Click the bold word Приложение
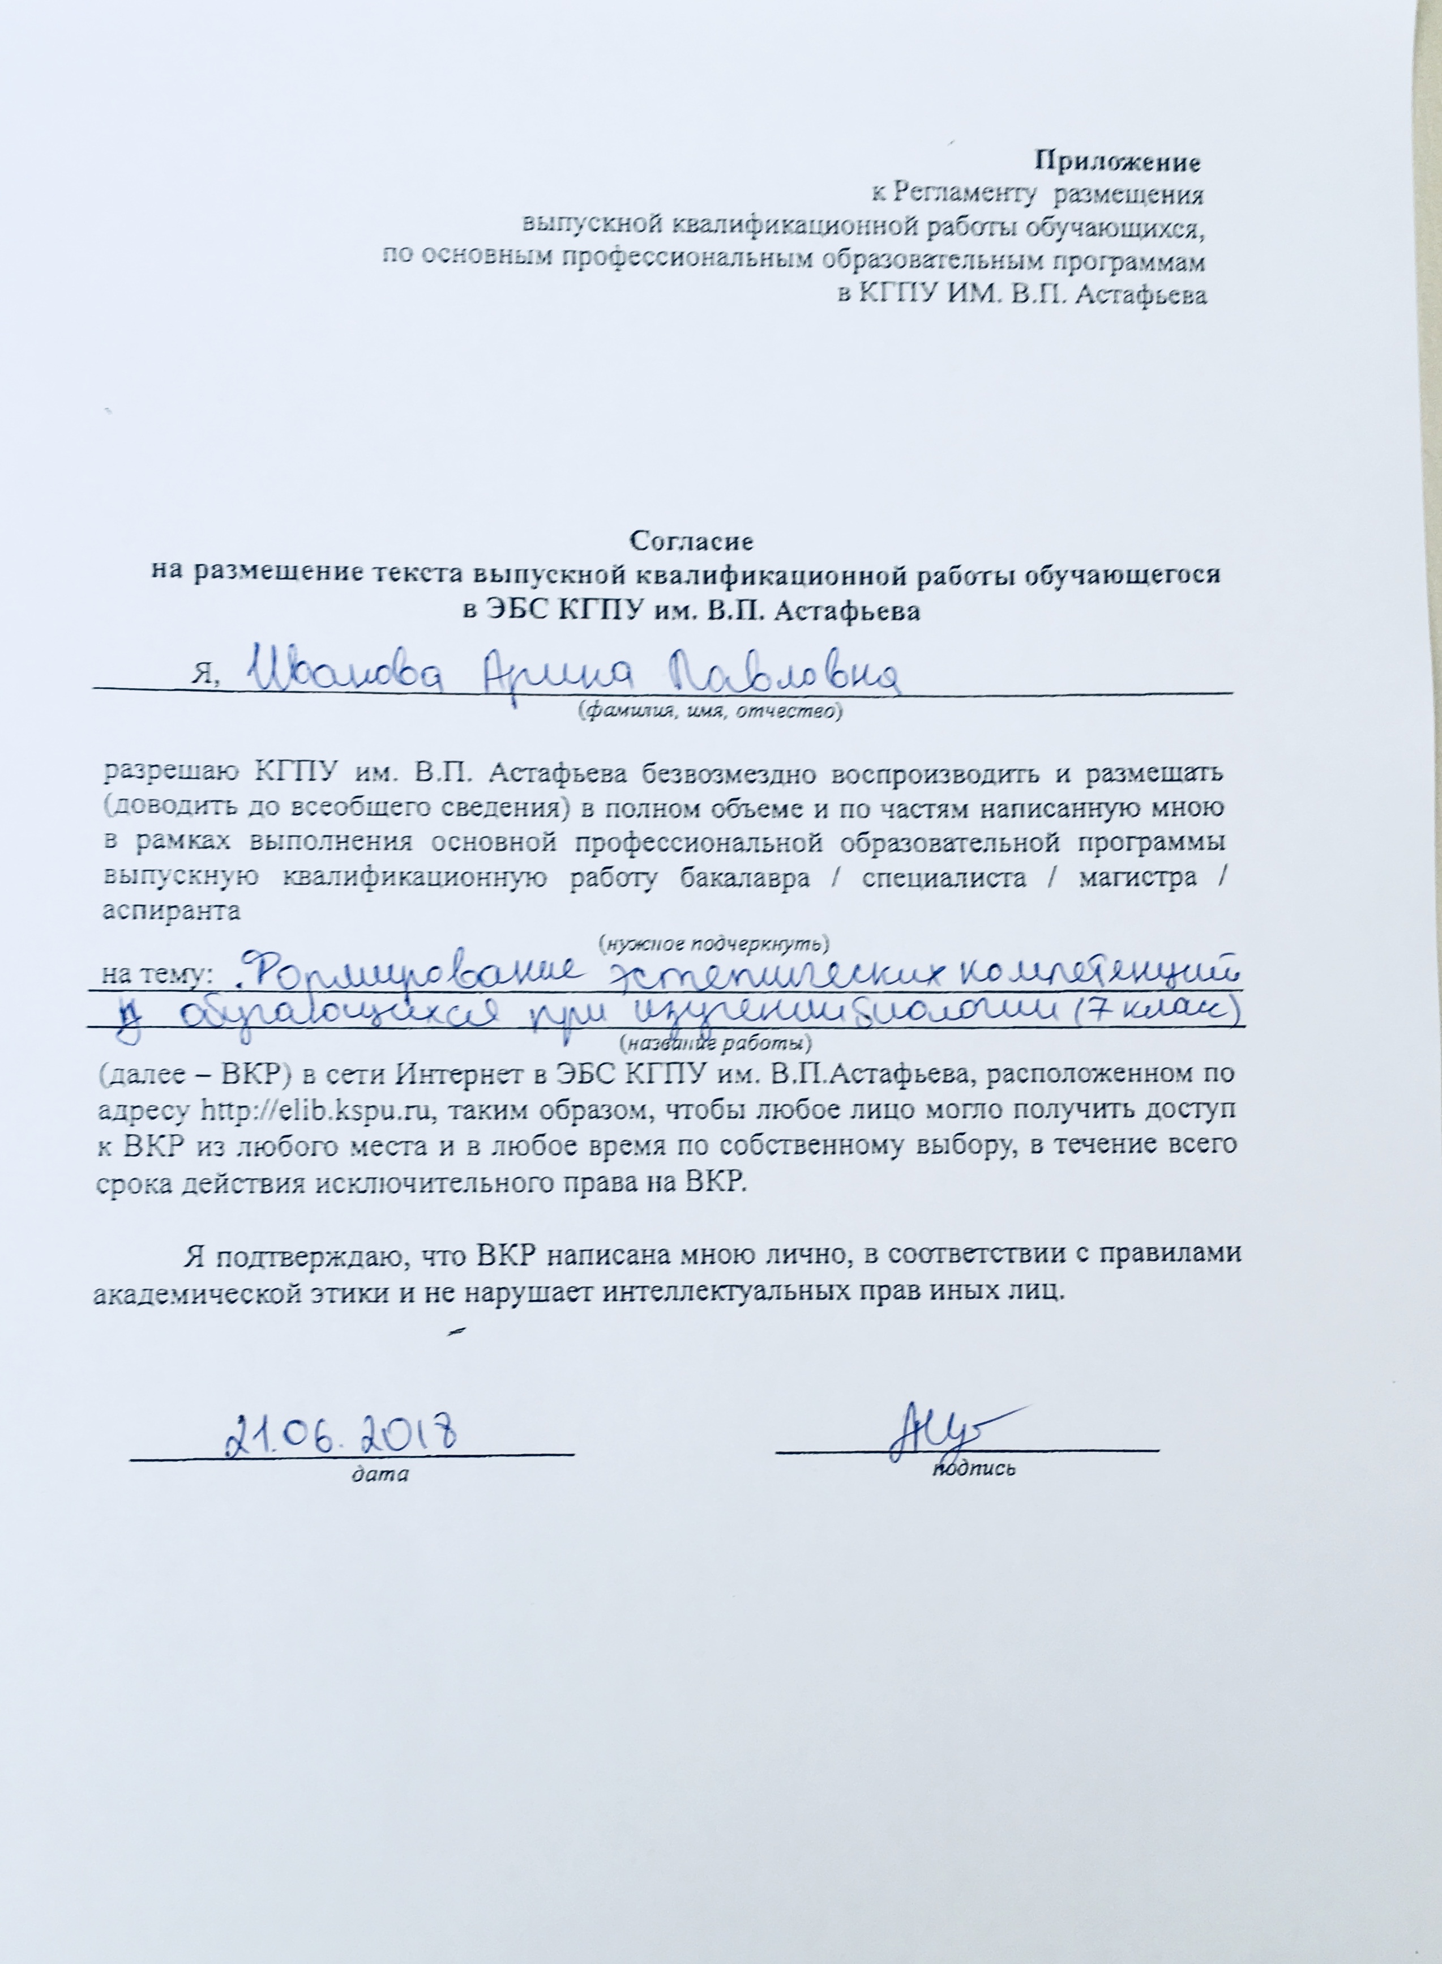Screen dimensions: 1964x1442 [1116, 161]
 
